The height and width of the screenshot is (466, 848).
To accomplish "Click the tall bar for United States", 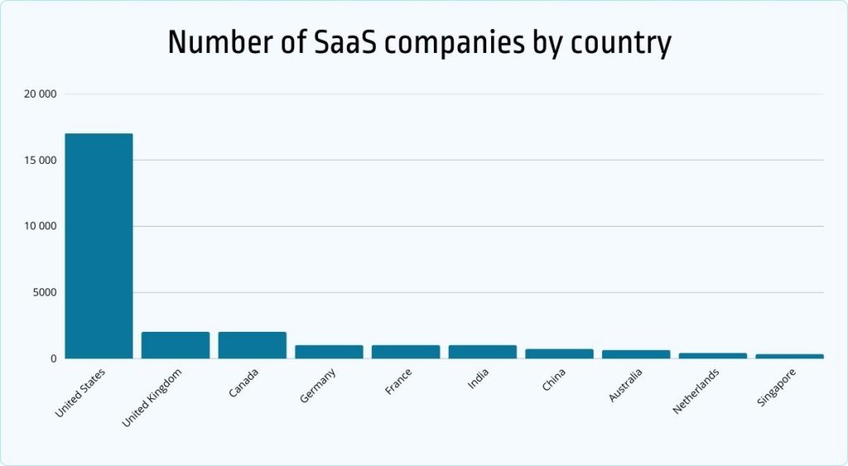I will [x=99, y=246].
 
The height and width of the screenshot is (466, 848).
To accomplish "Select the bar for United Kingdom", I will [x=176, y=345].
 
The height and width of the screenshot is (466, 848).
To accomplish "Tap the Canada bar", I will [x=252, y=345].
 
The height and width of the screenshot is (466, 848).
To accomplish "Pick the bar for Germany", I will [x=329, y=352].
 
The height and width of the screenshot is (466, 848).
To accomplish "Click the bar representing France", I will [x=406, y=352].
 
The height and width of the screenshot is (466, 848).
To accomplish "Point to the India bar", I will [x=482, y=352].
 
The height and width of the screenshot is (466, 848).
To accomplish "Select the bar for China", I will [x=559, y=353].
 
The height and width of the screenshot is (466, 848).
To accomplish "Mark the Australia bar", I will [x=636, y=354].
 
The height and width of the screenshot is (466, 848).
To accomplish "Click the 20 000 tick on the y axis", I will [x=40, y=94].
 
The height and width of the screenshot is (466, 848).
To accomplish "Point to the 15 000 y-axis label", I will [x=40, y=160].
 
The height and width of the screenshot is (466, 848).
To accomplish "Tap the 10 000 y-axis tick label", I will [x=40, y=226].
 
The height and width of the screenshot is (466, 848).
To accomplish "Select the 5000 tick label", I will [x=43, y=292].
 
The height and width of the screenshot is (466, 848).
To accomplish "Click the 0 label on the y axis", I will [x=52, y=358].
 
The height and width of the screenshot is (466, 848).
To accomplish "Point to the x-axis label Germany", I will [x=318, y=387].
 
